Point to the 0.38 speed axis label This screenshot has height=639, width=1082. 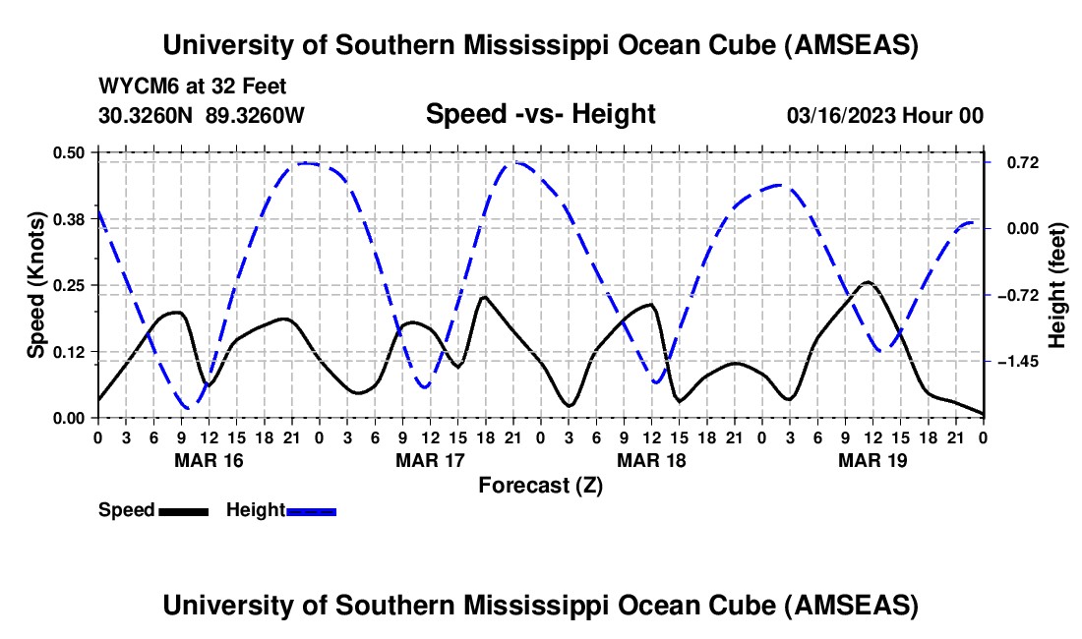(69, 218)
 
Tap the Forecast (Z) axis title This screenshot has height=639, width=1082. (540, 485)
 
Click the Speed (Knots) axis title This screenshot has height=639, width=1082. (36, 285)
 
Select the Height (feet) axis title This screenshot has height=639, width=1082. (1057, 285)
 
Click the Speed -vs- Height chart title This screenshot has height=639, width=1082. (540, 114)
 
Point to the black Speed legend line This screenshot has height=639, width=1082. (183, 510)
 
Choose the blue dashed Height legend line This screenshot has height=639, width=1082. (311, 510)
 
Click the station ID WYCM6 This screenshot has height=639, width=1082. (133, 87)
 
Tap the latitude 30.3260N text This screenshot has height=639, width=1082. (147, 115)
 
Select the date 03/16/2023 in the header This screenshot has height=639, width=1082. (840, 115)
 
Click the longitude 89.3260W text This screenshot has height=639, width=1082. (256, 115)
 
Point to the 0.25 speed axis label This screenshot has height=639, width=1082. (69, 285)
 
